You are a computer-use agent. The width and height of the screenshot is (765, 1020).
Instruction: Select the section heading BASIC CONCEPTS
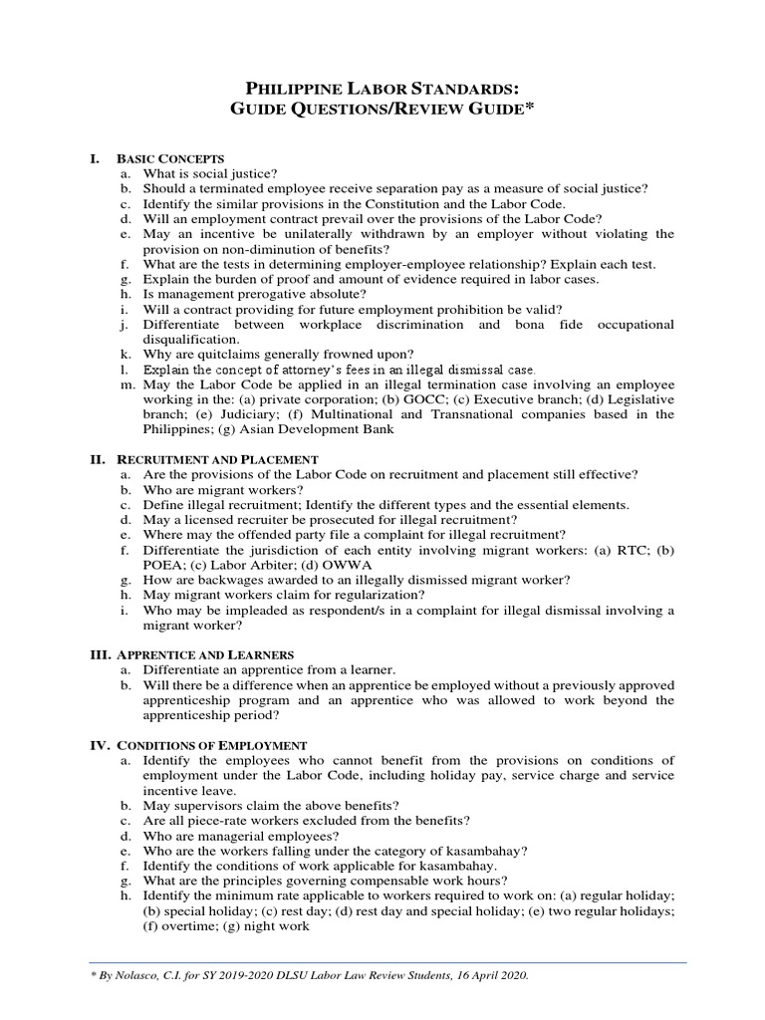(170, 158)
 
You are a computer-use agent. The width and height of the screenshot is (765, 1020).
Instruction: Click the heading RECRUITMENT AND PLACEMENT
(217, 459)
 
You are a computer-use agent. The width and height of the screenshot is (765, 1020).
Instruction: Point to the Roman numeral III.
(101, 654)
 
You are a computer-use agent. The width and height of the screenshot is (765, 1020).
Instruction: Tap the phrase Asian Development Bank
(331, 429)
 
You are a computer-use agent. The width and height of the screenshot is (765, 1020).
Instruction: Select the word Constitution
(418, 203)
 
